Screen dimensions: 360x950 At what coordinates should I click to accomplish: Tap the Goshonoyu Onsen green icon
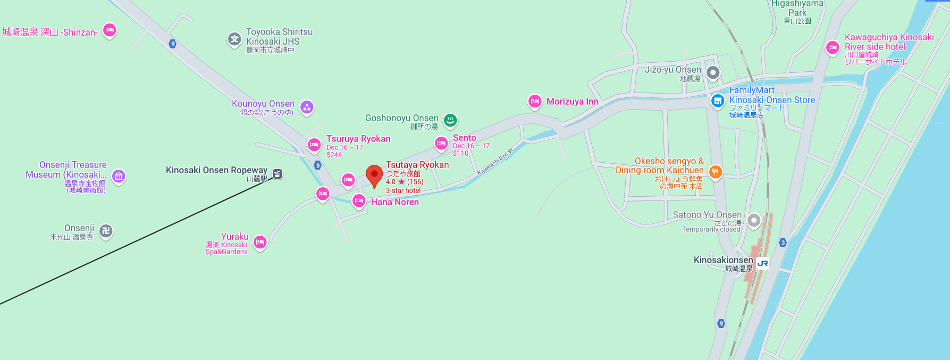(450, 120)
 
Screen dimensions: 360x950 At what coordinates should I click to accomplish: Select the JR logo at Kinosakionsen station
(762, 263)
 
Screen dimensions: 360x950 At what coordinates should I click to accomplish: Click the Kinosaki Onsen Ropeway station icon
(277, 174)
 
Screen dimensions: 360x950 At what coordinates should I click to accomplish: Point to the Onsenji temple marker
(106, 231)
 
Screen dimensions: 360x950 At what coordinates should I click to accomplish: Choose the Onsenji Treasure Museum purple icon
(119, 176)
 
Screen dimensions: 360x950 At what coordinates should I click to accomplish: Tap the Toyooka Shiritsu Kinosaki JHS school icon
(234, 39)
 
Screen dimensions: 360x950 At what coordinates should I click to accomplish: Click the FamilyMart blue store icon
(718, 100)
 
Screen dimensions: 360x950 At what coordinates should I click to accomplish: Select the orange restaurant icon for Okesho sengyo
(716, 171)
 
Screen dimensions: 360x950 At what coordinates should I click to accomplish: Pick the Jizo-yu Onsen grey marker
(713, 72)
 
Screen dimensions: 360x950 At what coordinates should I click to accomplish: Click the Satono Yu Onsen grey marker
(753, 220)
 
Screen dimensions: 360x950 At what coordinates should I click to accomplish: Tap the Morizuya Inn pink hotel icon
(534, 101)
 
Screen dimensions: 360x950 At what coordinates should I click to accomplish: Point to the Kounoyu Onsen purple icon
(307, 107)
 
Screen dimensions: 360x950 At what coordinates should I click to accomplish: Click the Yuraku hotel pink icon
(259, 242)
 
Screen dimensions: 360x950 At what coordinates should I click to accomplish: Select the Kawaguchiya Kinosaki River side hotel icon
(832, 47)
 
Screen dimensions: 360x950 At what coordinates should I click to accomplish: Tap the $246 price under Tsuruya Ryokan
(334, 155)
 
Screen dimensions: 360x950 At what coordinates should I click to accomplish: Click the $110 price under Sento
(460, 153)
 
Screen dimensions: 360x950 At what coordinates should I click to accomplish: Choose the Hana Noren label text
(395, 202)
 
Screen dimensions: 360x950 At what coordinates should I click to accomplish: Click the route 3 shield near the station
(783, 242)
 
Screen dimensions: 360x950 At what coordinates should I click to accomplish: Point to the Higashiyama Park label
(797, 9)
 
